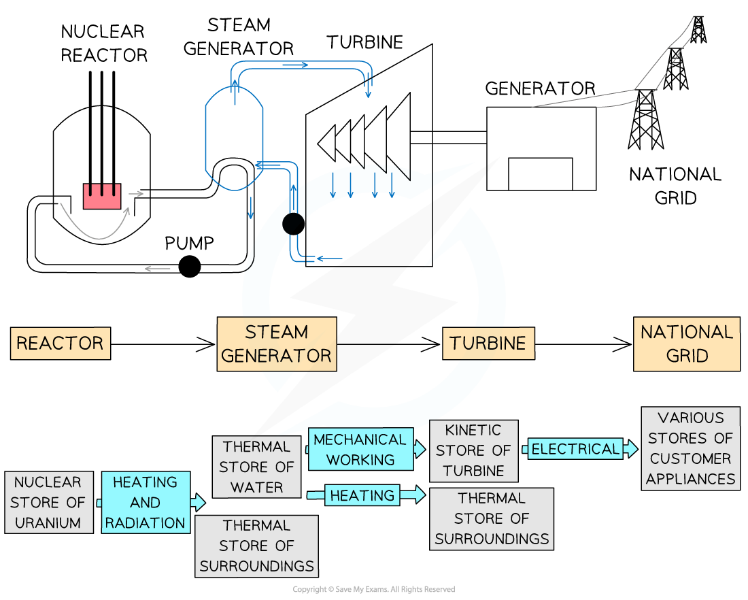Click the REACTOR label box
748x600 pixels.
(x=60, y=343)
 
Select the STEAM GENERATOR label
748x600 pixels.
(x=276, y=344)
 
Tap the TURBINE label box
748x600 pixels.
(x=488, y=344)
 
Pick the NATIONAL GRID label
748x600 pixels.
(x=687, y=344)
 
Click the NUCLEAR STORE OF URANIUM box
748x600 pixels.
(x=48, y=503)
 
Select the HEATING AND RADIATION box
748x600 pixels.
(x=146, y=503)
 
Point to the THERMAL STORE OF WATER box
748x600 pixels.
(x=256, y=467)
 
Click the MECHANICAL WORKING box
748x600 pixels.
(x=360, y=449)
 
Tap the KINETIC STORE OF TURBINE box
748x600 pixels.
(x=473, y=450)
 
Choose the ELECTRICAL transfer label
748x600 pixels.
(x=575, y=449)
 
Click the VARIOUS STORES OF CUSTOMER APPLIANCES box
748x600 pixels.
(x=690, y=448)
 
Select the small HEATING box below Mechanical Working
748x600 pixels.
(x=362, y=495)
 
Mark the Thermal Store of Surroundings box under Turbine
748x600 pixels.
(x=492, y=518)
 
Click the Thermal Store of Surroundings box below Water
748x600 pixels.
(x=256, y=546)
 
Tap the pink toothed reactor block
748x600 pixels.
(x=102, y=197)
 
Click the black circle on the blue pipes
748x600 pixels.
(x=294, y=223)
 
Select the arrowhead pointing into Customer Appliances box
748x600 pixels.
(x=632, y=449)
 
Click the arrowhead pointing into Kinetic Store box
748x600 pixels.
(x=421, y=449)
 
